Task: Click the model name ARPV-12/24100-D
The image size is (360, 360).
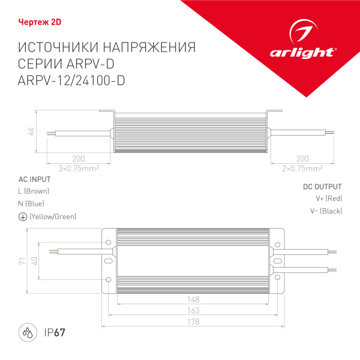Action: (x=73, y=82)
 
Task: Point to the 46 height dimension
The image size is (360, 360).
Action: (x=29, y=132)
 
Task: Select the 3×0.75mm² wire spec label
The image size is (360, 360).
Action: (x=78, y=168)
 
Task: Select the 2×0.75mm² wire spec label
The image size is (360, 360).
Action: (x=302, y=168)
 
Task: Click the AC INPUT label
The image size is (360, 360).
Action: (x=35, y=179)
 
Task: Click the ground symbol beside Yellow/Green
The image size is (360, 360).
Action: (x=22, y=217)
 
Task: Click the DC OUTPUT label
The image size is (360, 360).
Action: (x=322, y=187)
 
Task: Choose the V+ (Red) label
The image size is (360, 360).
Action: (x=329, y=198)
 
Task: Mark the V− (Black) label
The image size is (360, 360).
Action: (x=326, y=211)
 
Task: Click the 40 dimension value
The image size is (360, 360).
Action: (x=34, y=262)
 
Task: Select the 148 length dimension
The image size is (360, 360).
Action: (x=193, y=299)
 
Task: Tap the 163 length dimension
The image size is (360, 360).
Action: (x=193, y=311)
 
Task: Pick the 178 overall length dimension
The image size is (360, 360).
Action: (x=193, y=322)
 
